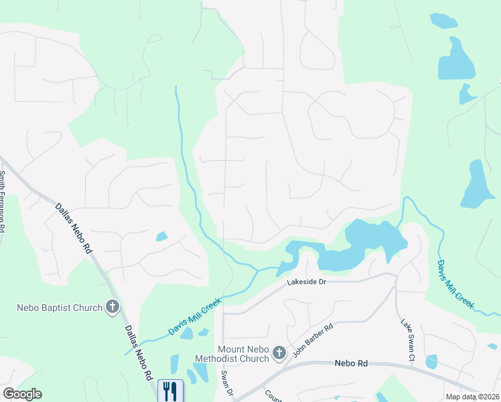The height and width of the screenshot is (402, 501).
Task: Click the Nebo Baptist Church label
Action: point(59,308)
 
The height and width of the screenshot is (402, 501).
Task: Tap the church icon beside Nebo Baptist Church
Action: point(113,308)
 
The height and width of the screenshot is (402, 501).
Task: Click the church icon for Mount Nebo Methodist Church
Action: point(279,352)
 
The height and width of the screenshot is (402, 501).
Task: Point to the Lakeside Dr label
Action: point(306,283)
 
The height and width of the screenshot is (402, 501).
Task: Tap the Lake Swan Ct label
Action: point(407,342)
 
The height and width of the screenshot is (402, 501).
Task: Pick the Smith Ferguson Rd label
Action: point(3,201)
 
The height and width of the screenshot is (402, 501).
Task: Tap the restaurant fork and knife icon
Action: point(170,390)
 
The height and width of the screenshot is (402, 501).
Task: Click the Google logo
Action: point(22,394)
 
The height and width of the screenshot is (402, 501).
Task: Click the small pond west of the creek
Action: point(161,236)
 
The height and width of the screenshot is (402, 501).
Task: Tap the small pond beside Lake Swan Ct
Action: point(431,362)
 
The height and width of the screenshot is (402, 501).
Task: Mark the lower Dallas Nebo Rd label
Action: point(138,353)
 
